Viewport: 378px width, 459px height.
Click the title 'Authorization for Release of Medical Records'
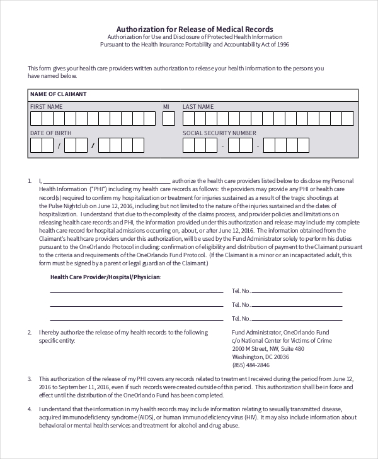pos(195,29)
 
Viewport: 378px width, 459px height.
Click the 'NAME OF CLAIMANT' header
pos(59,94)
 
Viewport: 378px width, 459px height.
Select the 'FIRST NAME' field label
pos(47,107)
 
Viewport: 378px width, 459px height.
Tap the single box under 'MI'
pos(166,118)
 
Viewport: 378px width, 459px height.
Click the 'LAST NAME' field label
pos(198,107)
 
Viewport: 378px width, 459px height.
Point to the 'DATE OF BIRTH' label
pos(51,133)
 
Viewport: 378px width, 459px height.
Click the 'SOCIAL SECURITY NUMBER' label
pos(219,133)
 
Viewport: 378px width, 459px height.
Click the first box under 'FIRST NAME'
pos(36,118)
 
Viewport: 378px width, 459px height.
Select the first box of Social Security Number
pos(188,145)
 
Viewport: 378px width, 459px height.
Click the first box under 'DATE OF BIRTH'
pos(36,145)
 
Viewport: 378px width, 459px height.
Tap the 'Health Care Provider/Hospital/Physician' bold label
pos(105,277)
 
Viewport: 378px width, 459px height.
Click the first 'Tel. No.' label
pos(242,291)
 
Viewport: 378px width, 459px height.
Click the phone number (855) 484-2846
pos(251,365)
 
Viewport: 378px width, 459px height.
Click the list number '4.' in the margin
pos(30,409)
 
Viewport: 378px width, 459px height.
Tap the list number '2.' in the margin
pos(30,332)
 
